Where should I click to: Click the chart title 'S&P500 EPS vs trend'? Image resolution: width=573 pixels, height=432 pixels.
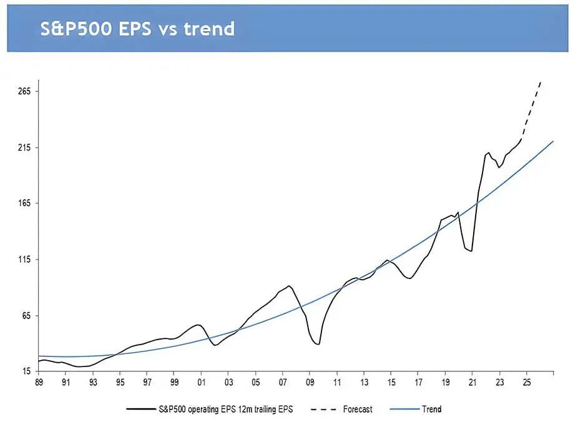(x=137, y=28)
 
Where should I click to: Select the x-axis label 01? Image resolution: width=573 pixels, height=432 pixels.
(x=201, y=382)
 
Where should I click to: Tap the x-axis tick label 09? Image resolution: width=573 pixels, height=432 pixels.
(x=310, y=382)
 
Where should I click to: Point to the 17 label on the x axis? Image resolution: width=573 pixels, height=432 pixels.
(x=418, y=382)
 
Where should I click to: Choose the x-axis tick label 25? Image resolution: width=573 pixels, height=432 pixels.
(x=526, y=382)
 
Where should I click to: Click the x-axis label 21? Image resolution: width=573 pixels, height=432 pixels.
(x=473, y=382)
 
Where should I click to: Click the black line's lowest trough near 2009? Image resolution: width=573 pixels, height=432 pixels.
(x=318, y=344)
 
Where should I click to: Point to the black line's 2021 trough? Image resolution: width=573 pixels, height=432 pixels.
(x=471, y=251)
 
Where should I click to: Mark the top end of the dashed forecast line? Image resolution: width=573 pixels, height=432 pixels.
(x=541, y=81)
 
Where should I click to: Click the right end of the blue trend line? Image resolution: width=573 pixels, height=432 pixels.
(x=554, y=142)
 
